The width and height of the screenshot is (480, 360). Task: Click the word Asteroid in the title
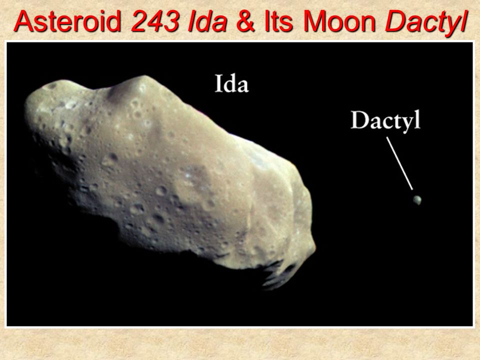tap(67, 21)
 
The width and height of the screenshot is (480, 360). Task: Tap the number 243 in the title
tap(155, 21)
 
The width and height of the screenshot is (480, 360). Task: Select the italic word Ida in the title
tap(207, 21)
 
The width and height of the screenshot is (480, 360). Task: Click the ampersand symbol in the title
tap(246, 21)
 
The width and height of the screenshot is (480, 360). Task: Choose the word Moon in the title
tap(339, 21)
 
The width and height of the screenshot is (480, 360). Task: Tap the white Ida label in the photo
tap(231, 83)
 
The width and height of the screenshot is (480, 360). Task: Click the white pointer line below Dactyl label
tap(399, 163)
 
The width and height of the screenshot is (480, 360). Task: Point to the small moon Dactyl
tap(417, 200)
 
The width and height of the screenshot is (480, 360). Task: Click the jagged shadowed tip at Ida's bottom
tap(277, 275)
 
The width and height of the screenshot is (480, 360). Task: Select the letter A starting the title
tap(23, 21)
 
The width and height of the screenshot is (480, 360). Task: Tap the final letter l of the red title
tap(464, 21)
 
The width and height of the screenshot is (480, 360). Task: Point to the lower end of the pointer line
tap(412, 189)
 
